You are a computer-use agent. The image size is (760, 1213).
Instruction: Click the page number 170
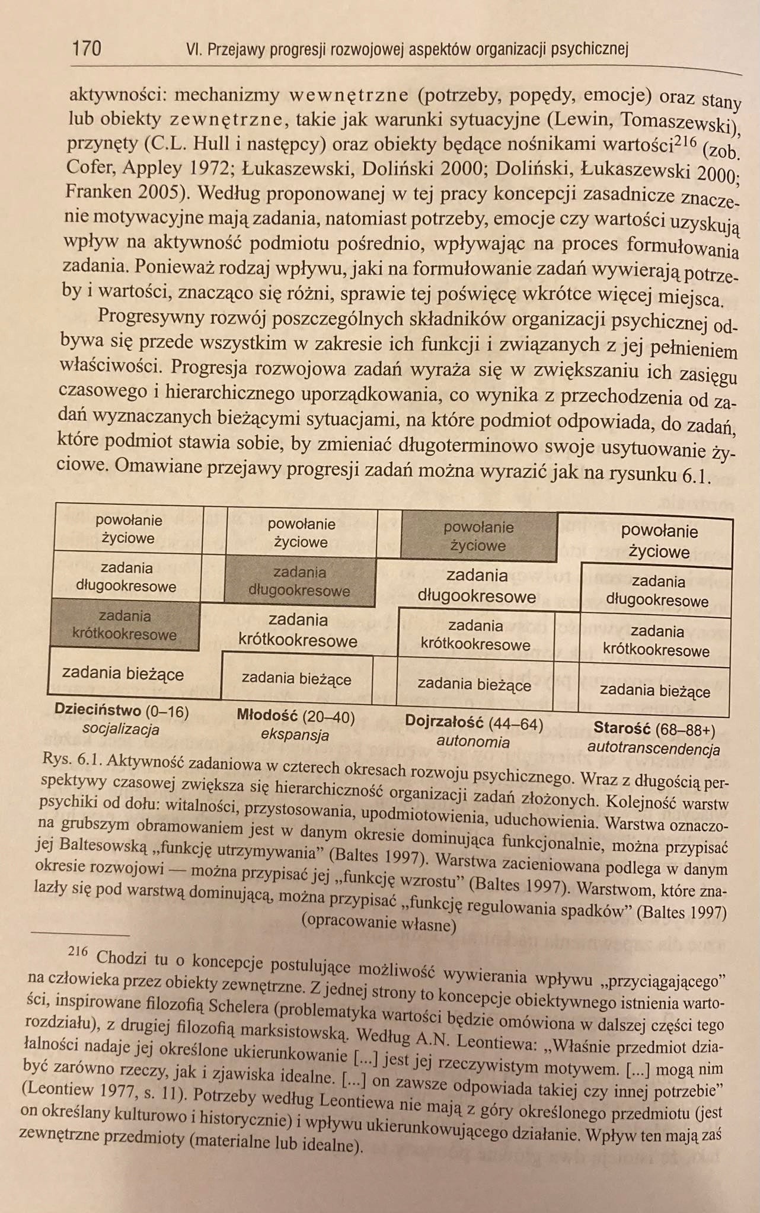[86, 47]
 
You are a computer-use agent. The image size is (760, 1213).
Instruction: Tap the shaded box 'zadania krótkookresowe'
[124, 625]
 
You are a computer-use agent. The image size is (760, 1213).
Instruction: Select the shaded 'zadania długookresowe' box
[299, 582]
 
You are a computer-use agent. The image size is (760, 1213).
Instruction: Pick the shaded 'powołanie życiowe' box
[478, 536]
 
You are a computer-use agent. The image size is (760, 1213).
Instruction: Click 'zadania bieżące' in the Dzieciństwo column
[123, 673]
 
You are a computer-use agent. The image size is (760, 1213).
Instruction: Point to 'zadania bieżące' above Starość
[654, 691]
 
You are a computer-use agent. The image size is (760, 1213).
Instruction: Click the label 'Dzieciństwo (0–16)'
[121, 710]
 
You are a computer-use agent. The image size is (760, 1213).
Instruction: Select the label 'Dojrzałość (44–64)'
[474, 723]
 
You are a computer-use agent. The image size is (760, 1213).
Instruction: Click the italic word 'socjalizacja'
[121, 729]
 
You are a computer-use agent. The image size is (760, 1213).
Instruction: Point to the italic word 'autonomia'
[472, 742]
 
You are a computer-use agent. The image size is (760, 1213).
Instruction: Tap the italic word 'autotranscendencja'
[653, 748]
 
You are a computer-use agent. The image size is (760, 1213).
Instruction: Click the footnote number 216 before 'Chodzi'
[78, 952]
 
